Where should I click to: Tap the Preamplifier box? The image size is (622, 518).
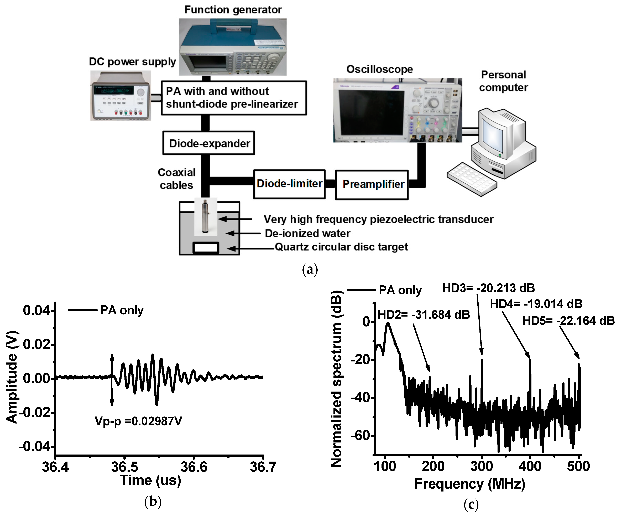click(x=372, y=184)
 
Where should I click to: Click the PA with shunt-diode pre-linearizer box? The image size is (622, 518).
click(x=234, y=98)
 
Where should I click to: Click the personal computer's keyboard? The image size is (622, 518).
click(x=472, y=179)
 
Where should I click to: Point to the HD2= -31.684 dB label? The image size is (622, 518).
click(x=424, y=315)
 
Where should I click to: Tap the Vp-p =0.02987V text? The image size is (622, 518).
click(x=138, y=421)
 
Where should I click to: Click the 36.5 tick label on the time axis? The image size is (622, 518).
click(x=124, y=467)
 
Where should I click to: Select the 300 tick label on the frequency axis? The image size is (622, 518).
click(x=481, y=466)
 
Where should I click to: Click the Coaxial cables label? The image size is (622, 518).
click(x=176, y=179)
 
